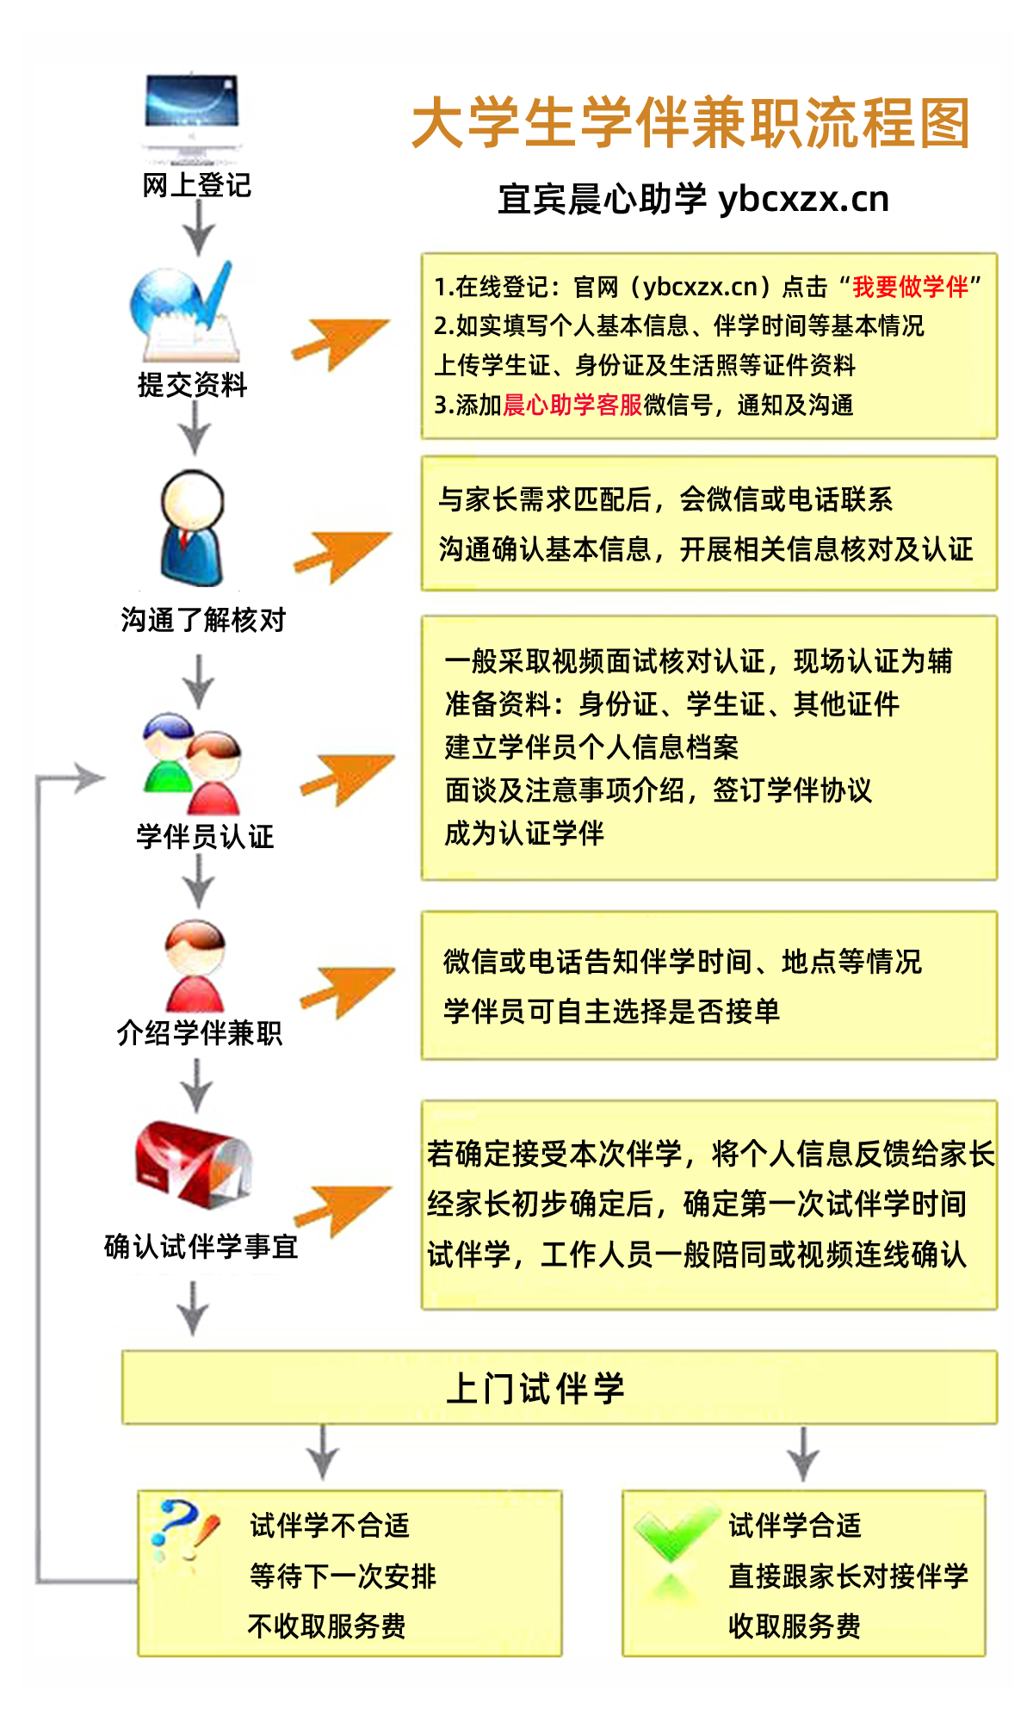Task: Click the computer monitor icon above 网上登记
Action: click(191, 117)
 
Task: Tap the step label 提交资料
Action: click(193, 385)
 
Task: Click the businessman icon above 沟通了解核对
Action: click(192, 528)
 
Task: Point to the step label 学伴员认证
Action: click(205, 836)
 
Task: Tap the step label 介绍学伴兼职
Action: click(200, 1032)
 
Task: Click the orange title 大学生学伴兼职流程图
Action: click(692, 122)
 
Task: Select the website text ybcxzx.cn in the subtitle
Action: click(803, 199)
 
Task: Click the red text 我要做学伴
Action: click(911, 287)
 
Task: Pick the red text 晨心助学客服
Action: click(572, 405)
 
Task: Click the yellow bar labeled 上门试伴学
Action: click(560, 1387)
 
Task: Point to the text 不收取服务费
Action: click(327, 1626)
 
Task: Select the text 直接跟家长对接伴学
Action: click(849, 1576)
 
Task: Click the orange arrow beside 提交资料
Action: click(341, 344)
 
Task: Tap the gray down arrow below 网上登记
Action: click(199, 229)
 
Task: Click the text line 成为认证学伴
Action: click(524, 833)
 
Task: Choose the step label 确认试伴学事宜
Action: click(201, 1246)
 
